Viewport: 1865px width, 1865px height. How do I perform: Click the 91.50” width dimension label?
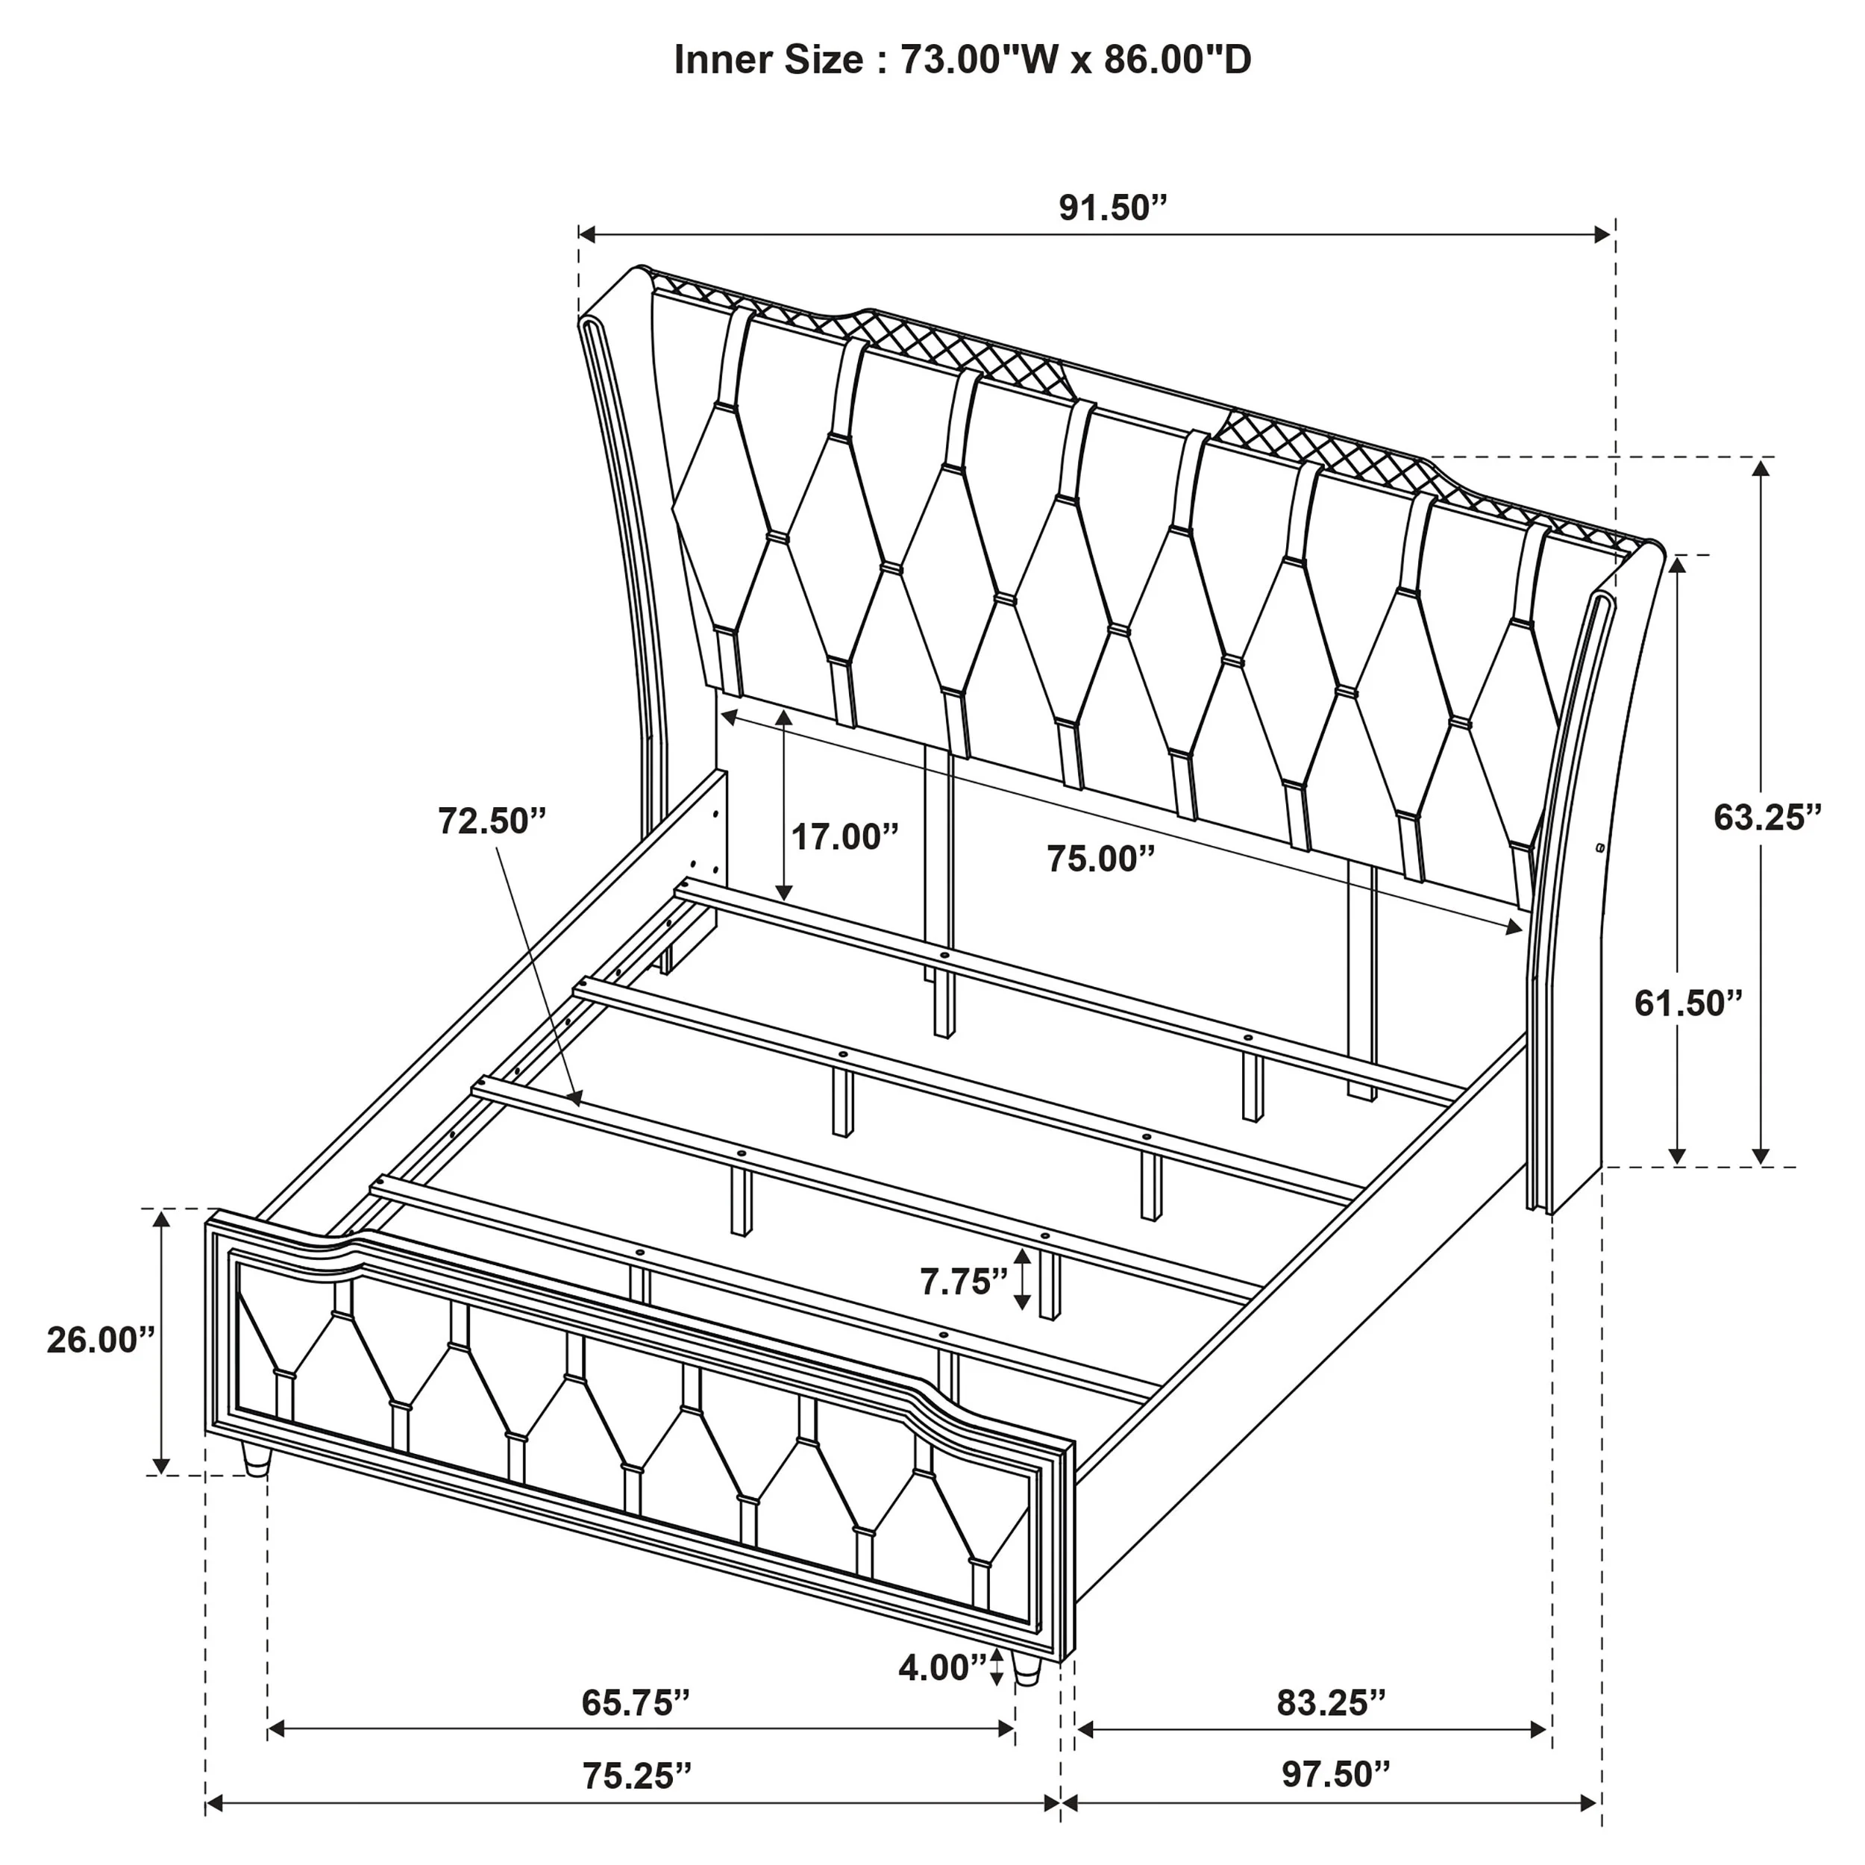pos(1113,207)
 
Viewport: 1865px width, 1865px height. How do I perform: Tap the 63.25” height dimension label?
pos(1767,818)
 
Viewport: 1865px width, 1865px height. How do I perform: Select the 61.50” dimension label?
pos(1688,1004)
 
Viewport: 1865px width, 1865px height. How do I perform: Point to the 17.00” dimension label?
pos(844,837)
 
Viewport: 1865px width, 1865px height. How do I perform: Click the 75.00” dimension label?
pos(1101,858)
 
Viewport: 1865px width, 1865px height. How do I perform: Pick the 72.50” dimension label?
pos(492,821)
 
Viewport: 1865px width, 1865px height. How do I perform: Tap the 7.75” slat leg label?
pos(963,1282)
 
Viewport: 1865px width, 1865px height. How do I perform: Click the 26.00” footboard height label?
pos(101,1340)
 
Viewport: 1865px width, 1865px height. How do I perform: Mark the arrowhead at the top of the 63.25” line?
pos(1762,469)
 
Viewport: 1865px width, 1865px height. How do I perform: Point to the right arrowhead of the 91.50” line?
pos(1602,233)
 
